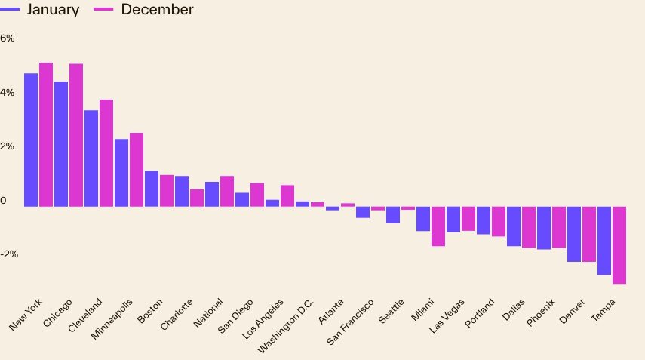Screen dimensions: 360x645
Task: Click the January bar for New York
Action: pyautogui.click(x=31, y=140)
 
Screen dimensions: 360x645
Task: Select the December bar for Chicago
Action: pyautogui.click(x=76, y=135)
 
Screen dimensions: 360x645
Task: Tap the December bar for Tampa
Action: pyautogui.click(x=619, y=245)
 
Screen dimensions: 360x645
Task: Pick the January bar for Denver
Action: pyautogui.click(x=574, y=234)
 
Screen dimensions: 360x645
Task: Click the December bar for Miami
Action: pyautogui.click(x=438, y=226)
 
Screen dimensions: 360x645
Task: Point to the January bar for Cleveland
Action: pyautogui.click(x=91, y=158)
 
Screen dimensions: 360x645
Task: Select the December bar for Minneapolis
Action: pyautogui.click(x=137, y=170)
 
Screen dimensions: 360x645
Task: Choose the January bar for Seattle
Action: pyautogui.click(x=393, y=215)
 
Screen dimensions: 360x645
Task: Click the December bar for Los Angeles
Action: pyautogui.click(x=287, y=195)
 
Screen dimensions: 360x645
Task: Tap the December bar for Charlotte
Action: pyautogui.click(x=197, y=198)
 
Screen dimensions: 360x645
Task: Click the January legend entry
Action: pyautogui.click(x=42, y=10)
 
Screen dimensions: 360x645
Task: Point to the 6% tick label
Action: pyautogui.click(x=8, y=38)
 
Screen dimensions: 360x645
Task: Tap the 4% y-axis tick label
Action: pyautogui.click(x=8, y=93)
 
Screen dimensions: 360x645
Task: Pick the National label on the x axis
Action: pyautogui.click(x=208, y=312)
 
